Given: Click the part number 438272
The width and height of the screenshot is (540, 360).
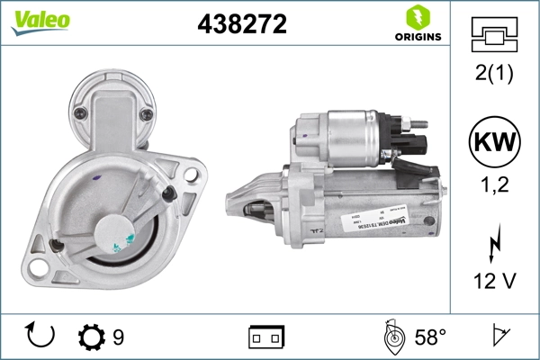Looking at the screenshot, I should click(x=241, y=25).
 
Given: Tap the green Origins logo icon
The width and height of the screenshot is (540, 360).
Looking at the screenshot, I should click(x=416, y=17).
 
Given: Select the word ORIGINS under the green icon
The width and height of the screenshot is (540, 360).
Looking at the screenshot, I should click(x=417, y=37).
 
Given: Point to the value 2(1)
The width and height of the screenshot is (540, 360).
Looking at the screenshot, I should click(x=493, y=75).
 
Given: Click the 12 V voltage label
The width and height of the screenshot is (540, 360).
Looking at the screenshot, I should click(x=493, y=282).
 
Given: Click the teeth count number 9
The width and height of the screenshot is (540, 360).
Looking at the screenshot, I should click(x=118, y=337).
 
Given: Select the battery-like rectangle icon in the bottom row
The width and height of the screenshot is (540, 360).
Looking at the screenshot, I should click(x=266, y=337).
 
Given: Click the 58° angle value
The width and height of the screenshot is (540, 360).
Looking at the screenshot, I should click(x=429, y=337).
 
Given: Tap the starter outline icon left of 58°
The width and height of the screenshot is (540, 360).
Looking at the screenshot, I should click(x=392, y=337).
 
